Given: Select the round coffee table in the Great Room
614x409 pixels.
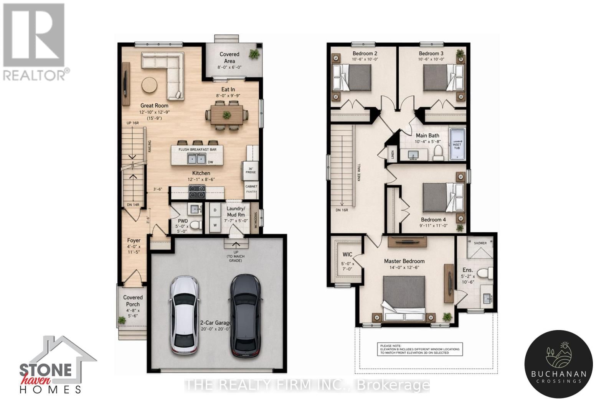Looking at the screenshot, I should coord(149,85).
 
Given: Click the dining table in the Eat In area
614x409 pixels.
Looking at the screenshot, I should coord(227,115).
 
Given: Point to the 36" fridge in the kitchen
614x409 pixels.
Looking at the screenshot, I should coord(250,171).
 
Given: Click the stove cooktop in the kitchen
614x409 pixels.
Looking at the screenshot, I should coord(197,191).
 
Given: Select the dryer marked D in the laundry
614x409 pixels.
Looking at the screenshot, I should coord(215,210).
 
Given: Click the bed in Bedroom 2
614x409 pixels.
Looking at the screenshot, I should coord(352,77).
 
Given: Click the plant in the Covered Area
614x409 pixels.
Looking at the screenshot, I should coord(254,54).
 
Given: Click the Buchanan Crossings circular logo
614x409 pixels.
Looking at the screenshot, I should coord(559,363).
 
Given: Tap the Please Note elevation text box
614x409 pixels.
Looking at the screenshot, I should coord(419,349).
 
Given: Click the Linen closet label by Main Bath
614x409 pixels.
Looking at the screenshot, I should coord(393,154).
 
